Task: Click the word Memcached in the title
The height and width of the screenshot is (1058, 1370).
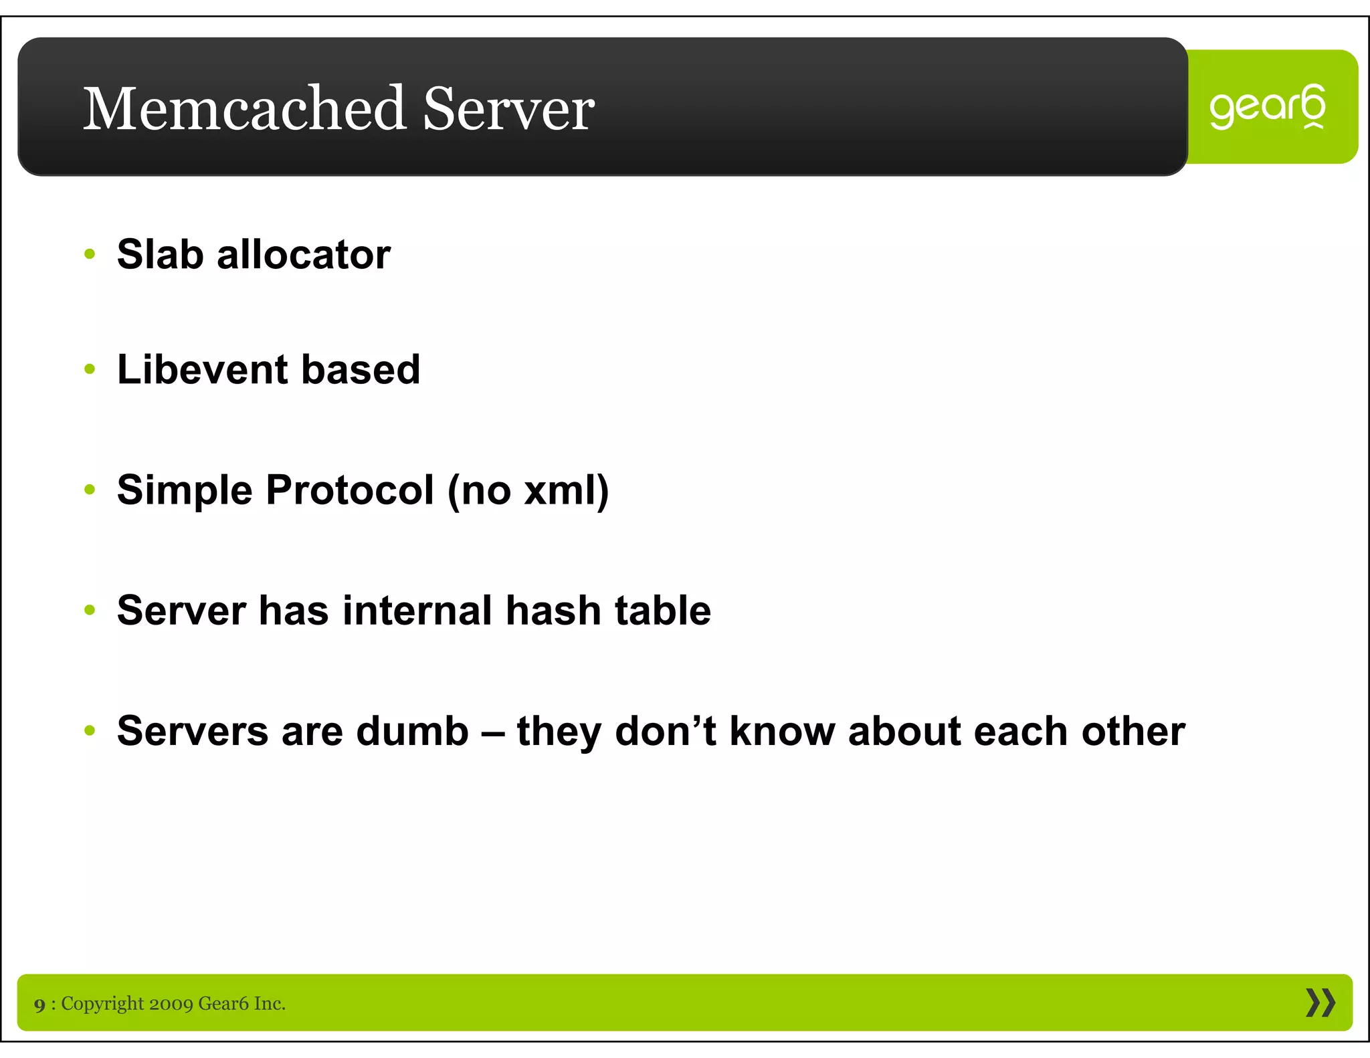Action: [244, 108]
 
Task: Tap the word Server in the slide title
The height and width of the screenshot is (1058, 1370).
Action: [508, 108]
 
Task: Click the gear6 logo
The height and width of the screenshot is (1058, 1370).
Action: [1267, 107]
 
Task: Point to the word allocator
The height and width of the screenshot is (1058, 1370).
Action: [304, 254]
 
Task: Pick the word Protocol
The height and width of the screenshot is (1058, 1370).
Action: [351, 490]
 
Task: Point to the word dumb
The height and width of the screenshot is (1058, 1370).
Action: [412, 730]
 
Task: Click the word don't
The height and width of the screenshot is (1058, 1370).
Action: [665, 730]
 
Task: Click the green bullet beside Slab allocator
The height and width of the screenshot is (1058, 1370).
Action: [90, 255]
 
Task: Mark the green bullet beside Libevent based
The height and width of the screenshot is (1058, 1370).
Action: [90, 370]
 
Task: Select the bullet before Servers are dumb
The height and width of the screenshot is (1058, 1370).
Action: [90, 731]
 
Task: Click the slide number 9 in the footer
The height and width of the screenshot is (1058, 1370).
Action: [40, 1004]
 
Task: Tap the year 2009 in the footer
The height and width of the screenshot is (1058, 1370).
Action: [171, 1003]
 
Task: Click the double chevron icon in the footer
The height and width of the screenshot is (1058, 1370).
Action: [1320, 1002]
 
